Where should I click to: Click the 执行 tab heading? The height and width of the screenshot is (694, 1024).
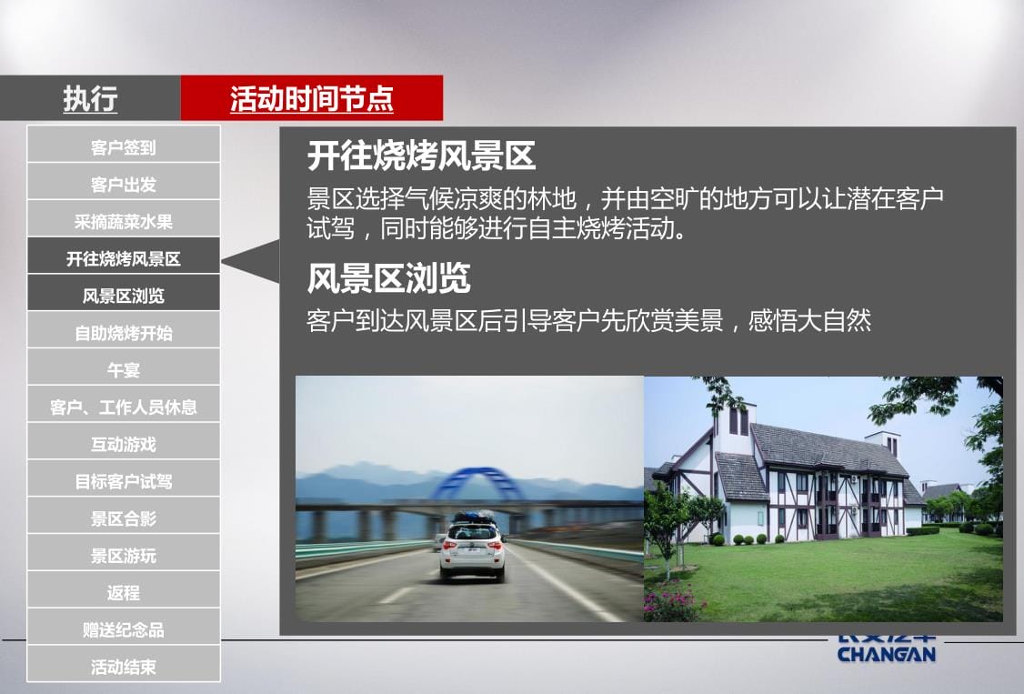[x=90, y=98]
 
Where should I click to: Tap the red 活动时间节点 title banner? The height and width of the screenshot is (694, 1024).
[x=312, y=98]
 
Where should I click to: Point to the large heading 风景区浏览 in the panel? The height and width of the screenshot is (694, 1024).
[x=388, y=277]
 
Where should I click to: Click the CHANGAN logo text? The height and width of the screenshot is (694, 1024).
[x=887, y=653]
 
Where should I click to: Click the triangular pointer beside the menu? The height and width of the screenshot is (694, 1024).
[x=251, y=262]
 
